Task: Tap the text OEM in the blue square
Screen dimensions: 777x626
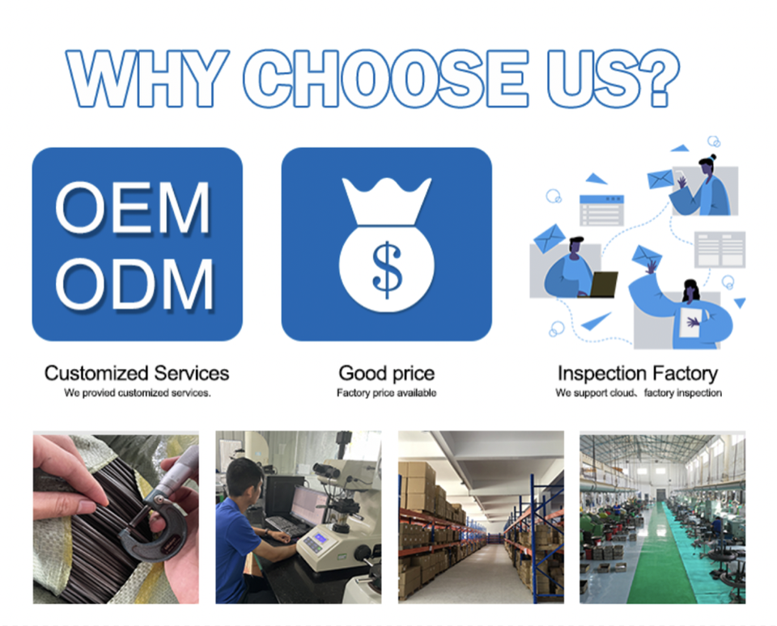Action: (133, 207)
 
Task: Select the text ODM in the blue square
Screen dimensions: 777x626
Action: (134, 284)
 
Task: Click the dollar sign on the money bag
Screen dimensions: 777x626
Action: (387, 270)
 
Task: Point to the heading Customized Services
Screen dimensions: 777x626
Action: (137, 374)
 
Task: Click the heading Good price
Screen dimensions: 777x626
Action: (387, 374)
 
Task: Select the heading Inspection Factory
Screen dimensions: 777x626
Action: (638, 374)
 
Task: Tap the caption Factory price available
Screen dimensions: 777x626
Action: (387, 393)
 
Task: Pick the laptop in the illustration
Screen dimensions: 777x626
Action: (602, 285)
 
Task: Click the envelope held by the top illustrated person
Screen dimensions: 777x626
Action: (660, 179)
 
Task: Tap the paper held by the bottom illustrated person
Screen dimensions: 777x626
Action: (690, 323)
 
